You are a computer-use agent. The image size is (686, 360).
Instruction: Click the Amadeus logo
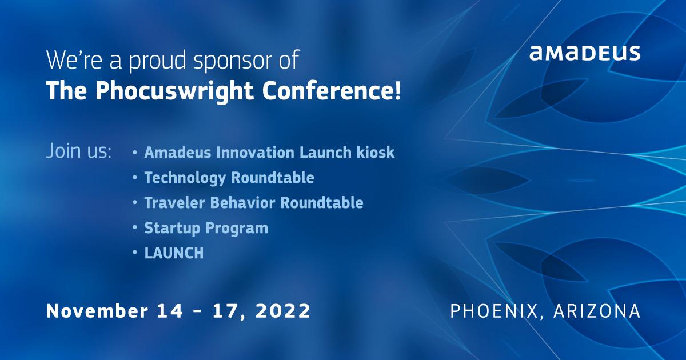pyautogui.click(x=584, y=54)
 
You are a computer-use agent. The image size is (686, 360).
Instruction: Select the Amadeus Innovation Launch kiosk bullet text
pyautogui.click(x=269, y=153)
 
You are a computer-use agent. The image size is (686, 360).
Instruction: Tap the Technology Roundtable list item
pyautogui.click(x=229, y=178)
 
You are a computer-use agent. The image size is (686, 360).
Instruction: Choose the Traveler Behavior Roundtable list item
pyautogui.click(x=253, y=202)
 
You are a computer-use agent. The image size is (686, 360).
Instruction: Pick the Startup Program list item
pyautogui.click(x=206, y=228)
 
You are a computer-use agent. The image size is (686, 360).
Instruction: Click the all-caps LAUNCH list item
pyautogui.click(x=174, y=253)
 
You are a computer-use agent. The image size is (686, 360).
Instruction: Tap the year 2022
pyautogui.click(x=283, y=311)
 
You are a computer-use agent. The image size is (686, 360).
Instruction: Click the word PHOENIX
pyautogui.click(x=492, y=311)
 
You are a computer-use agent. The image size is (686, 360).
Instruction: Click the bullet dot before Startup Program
pyautogui.click(x=134, y=228)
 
